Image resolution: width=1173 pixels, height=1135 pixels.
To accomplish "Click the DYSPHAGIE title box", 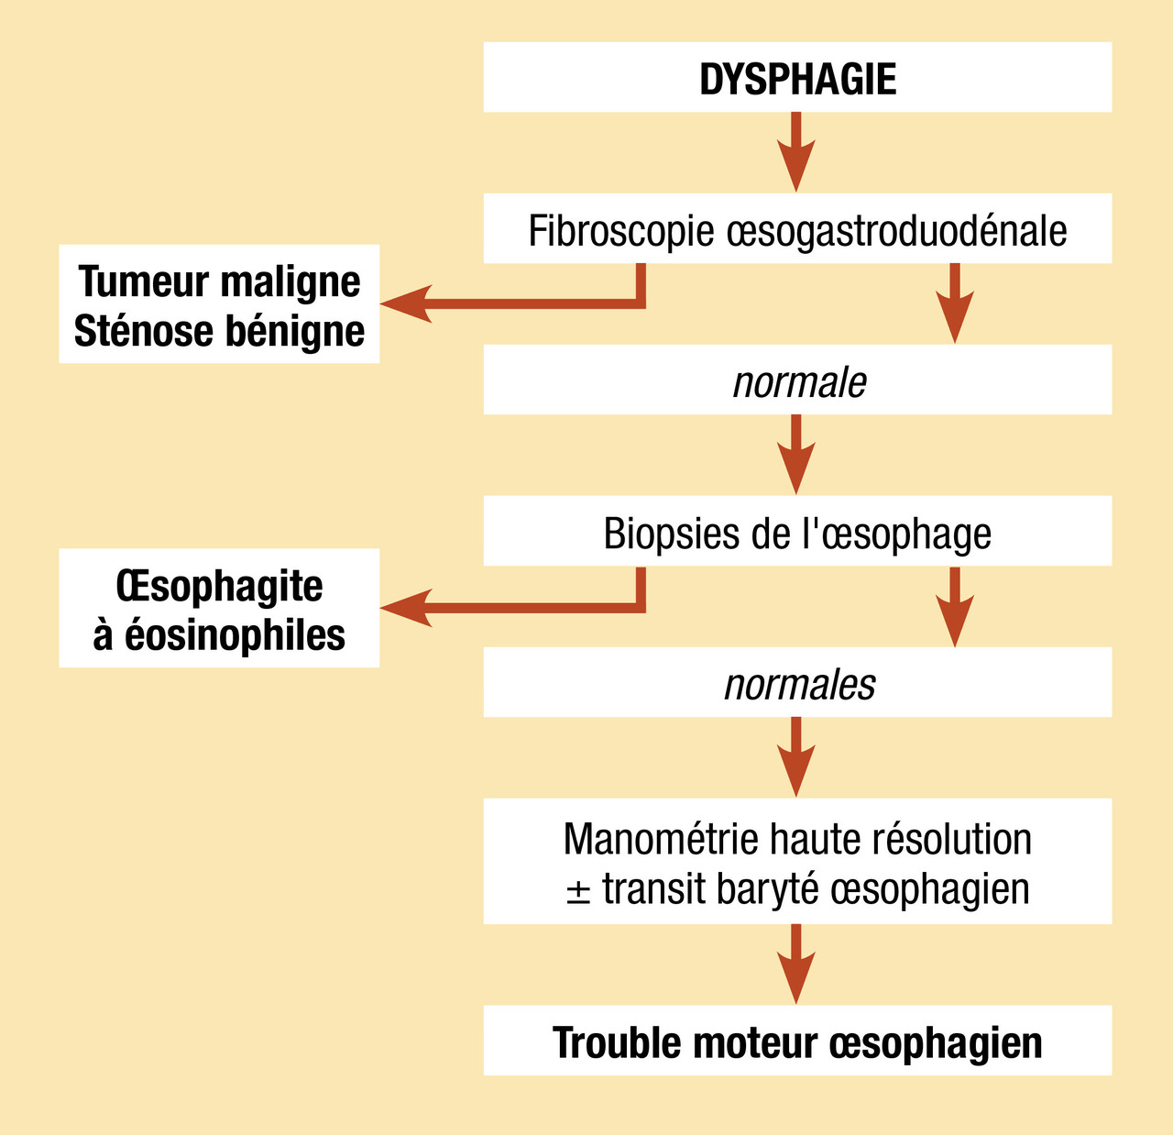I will tap(797, 78).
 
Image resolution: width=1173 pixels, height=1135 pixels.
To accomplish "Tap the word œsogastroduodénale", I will tap(896, 230).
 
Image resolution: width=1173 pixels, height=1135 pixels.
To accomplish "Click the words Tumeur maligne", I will tap(219, 281).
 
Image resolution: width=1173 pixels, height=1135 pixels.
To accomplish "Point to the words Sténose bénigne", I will tap(219, 331).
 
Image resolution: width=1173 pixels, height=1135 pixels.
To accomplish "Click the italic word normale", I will tap(798, 381).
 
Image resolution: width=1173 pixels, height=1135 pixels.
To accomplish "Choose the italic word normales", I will tap(799, 684).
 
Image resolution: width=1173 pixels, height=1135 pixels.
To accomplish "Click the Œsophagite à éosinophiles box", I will tap(219, 608).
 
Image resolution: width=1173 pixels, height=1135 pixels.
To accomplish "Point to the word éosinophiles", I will tap(235, 634).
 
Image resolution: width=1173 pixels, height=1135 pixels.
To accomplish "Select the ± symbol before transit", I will tap(577, 890).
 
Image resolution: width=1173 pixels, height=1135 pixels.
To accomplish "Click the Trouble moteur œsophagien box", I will tap(797, 1041).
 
